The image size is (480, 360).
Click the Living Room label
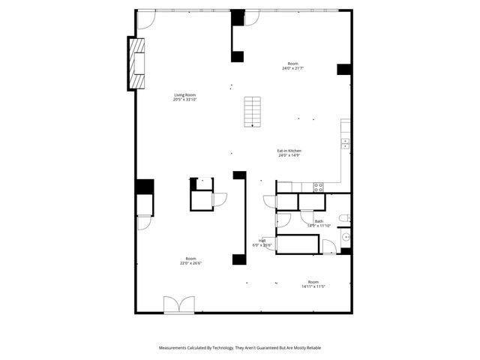click(184, 95)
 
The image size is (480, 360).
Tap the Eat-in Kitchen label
click(289, 151)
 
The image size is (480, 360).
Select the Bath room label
click(319, 221)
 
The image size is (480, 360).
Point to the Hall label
click(262, 241)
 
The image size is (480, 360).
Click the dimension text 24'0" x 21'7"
click(292, 68)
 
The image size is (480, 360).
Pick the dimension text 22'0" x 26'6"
click(190, 263)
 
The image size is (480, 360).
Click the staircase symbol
click(253, 112)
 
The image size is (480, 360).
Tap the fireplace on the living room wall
click(136, 63)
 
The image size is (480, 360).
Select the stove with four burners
click(318, 187)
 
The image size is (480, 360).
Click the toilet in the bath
click(343, 218)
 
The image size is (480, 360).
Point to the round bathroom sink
click(346, 237)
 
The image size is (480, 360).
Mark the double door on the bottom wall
click(179, 304)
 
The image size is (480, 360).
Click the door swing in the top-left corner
click(145, 20)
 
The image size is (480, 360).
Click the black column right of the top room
click(344, 69)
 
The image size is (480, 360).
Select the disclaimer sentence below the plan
click(239, 348)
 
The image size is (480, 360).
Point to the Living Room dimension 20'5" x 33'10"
click(184, 100)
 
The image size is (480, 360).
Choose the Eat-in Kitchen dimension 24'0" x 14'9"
click(289, 155)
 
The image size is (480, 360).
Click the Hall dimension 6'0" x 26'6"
click(261, 245)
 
